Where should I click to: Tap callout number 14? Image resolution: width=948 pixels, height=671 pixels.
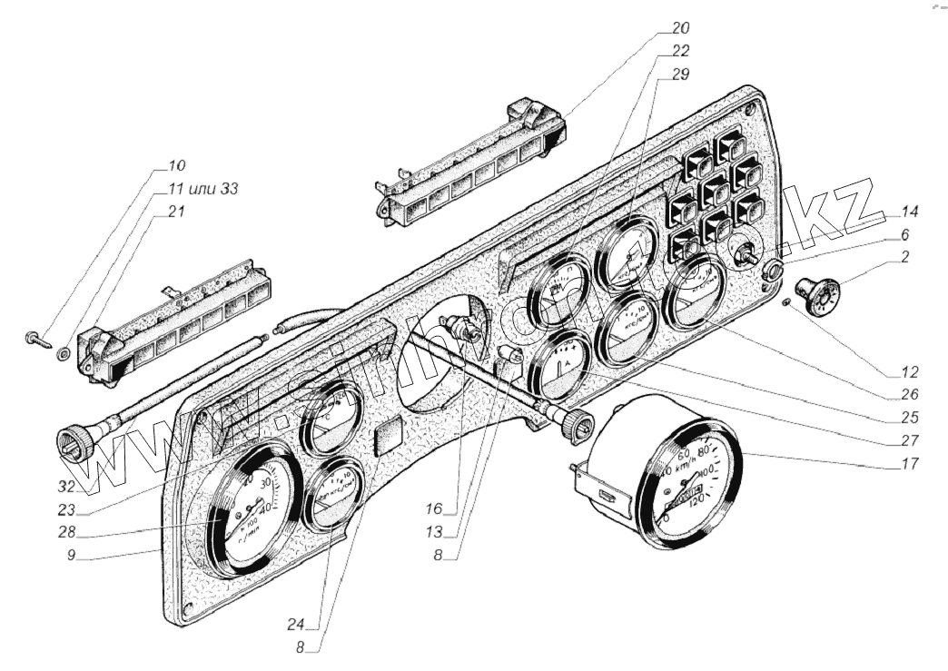910,212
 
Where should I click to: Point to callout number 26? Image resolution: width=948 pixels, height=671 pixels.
910,395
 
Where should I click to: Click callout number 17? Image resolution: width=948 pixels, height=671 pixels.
910,463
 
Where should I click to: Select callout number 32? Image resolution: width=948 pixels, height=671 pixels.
87,487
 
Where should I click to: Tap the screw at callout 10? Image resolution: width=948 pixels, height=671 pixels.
36,340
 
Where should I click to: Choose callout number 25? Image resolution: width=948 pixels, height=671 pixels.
910,419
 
